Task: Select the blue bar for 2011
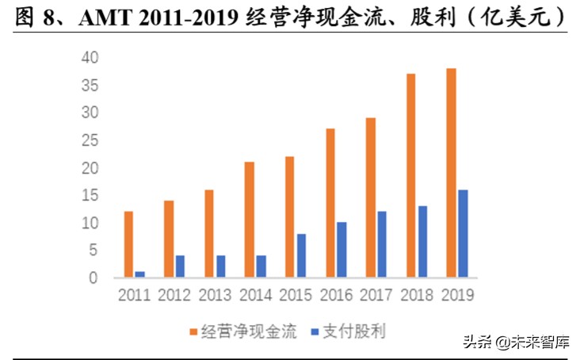[140, 274]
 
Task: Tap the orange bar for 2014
[250, 220]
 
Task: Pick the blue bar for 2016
[342, 250]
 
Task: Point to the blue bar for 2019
[463, 234]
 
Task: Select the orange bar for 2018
[410, 175]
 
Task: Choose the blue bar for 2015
[301, 255]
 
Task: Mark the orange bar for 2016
[330, 203]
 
